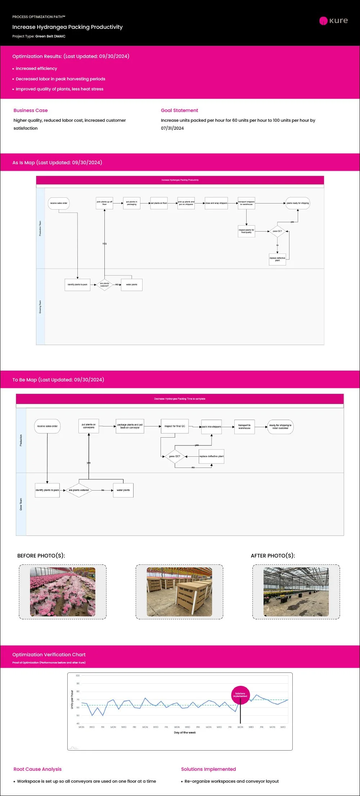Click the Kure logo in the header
pos(333,21)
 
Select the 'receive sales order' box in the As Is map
pos(59,203)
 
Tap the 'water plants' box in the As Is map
pos(132,285)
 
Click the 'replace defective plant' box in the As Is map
pos(277,259)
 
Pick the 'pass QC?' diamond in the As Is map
pos(277,231)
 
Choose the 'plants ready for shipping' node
pos(298,203)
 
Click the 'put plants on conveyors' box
pos(89,426)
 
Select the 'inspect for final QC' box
pos(175,426)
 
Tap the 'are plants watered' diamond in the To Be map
pos(78,490)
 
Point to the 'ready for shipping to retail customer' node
pos(280,427)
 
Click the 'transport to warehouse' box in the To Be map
pos(244,427)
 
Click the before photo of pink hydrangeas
pos(63,592)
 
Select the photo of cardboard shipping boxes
pos(179,592)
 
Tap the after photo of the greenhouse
pos(296,592)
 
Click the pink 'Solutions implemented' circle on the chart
pos(240,695)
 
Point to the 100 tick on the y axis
pos(77,676)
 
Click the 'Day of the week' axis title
pos(185,733)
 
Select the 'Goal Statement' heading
pos(179,111)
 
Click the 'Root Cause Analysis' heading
pos(37,769)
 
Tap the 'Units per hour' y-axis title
pos(72,699)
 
